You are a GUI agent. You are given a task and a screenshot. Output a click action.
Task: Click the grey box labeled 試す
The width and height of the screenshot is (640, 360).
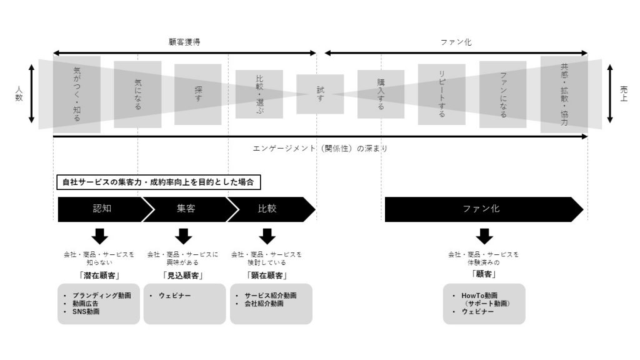click(320, 94)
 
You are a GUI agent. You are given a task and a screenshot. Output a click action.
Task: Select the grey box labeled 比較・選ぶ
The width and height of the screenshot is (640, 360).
click(259, 94)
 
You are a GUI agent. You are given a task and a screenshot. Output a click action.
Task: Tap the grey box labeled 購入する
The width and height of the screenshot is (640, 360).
click(381, 94)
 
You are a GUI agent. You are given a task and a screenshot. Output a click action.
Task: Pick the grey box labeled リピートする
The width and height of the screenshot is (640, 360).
click(442, 94)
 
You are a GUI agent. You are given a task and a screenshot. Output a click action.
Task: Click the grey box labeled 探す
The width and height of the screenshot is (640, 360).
click(198, 94)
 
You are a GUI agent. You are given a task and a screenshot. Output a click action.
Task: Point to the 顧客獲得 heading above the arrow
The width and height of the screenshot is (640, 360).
click(184, 42)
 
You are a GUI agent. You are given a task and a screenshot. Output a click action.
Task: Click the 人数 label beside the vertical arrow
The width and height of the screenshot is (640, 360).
click(19, 94)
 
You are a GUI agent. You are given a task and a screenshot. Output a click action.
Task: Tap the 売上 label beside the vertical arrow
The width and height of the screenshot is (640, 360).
click(623, 94)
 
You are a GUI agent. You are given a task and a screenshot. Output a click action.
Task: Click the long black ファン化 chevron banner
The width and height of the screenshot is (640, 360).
click(484, 209)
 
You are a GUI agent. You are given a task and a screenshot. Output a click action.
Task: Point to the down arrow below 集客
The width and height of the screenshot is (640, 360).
click(183, 236)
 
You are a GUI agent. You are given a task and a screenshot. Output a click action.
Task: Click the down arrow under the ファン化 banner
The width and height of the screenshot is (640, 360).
click(484, 236)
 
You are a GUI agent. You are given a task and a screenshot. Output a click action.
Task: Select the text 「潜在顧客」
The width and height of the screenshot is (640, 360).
click(99, 276)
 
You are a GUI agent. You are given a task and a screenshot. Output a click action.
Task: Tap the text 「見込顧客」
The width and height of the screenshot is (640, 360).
click(183, 276)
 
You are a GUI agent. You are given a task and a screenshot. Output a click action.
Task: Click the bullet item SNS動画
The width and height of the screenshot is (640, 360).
click(86, 311)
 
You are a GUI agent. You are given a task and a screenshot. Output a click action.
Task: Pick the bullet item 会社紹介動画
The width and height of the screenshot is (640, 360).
click(264, 304)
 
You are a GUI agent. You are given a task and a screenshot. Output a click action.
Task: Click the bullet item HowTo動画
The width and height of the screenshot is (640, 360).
click(479, 296)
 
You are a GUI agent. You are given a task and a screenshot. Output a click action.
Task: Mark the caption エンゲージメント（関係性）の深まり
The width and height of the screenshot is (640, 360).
click(320, 149)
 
